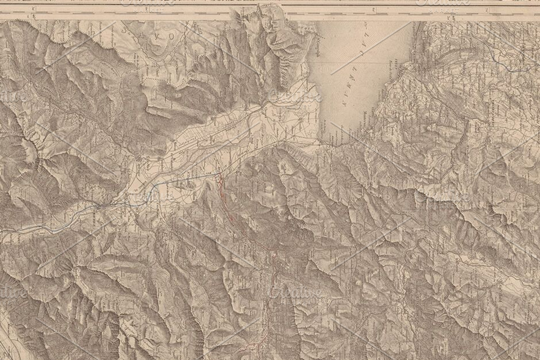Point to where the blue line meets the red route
(x=219, y=174)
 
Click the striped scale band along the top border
(x=270, y=9)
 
